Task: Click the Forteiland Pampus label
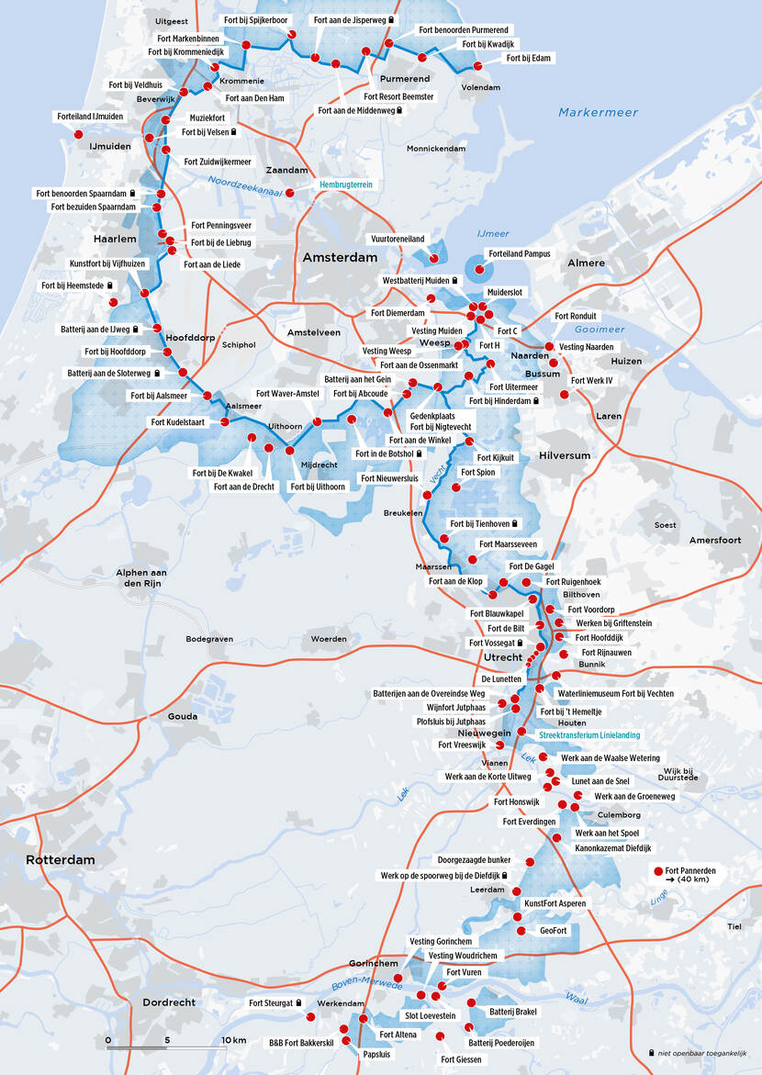pos(519,253)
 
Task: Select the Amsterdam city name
pos(341,259)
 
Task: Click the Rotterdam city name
pos(61,860)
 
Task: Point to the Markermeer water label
pos(598,112)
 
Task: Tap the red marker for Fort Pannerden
pos(657,870)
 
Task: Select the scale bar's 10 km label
pos(234,1039)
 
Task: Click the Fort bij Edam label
pos(529,59)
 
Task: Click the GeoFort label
pos(554,930)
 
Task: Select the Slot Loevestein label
pos(430,1016)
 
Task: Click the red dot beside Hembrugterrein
pos(290,193)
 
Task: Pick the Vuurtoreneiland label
pos(398,239)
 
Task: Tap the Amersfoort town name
pos(715,540)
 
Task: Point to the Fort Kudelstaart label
pos(178,422)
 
